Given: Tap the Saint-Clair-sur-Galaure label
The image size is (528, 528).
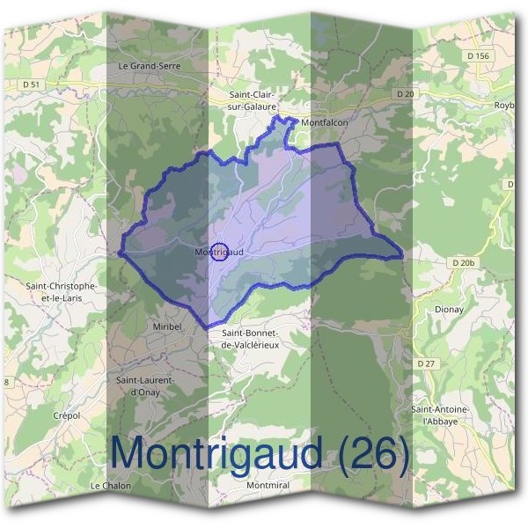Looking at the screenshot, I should click(x=255, y=100).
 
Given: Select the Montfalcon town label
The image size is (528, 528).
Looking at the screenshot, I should click(x=324, y=123).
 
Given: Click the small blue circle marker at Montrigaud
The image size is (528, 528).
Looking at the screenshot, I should click(x=220, y=252).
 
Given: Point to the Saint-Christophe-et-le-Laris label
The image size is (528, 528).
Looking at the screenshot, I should click(x=61, y=291).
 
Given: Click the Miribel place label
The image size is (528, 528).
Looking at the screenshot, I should click(x=161, y=326).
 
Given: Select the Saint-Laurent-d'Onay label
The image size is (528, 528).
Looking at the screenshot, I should click(x=145, y=385).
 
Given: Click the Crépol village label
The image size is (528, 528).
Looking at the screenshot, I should click(x=66, y=415).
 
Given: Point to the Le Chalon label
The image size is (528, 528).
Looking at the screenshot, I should click(x=110, y=486).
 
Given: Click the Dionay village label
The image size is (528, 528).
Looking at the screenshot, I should click(x=449, y=310).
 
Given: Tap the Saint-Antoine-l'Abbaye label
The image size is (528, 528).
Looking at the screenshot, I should click(x=440, y=415).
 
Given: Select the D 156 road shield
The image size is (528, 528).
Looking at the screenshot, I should click(x=478, y=55).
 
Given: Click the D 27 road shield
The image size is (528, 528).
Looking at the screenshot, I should click(x=427, y=363).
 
